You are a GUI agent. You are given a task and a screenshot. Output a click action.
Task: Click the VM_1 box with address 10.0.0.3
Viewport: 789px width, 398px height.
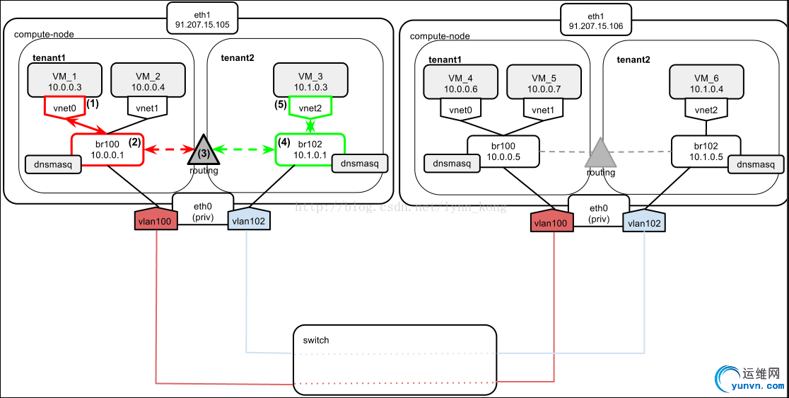64,81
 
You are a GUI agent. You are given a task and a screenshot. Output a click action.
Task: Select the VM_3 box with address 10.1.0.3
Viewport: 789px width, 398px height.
310,81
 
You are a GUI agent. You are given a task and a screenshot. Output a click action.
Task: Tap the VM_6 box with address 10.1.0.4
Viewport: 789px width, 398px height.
706,81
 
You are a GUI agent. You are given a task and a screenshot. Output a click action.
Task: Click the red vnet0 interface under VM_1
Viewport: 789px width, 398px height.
64,106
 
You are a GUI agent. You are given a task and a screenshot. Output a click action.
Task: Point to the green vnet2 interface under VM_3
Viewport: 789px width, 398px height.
310,108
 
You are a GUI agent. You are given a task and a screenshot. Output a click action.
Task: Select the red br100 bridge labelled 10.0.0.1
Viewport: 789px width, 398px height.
107,150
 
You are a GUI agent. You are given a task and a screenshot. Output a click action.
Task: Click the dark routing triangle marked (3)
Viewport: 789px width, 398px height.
203,150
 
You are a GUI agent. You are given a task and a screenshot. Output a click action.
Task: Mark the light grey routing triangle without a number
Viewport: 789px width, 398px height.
600,154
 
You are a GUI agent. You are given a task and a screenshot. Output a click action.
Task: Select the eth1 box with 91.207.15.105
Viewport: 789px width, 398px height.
202,18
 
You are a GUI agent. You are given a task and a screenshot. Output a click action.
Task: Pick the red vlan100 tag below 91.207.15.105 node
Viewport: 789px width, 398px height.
156,221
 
